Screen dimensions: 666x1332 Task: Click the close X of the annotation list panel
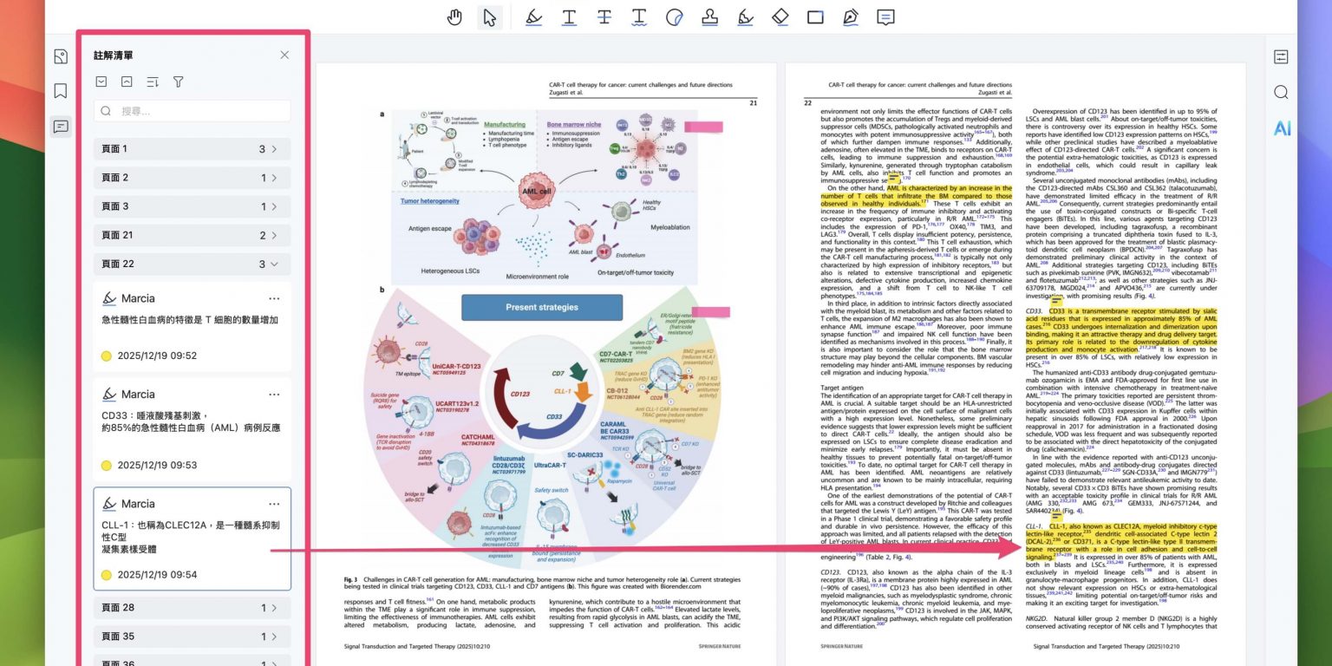pyautogui.click(x=284, y=55)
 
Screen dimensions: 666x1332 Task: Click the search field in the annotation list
pyautogui.click(x=193, y=111)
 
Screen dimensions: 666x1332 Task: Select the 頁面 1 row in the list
pyautogui.click(x=192, y=149)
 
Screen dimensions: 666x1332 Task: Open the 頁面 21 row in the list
pyautogui.click(x=192, y=235)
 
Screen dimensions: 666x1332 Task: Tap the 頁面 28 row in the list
pyautogui.click(x=192, y=608)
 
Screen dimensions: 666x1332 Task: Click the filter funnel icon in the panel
pyautogui.click(x=178, y=82)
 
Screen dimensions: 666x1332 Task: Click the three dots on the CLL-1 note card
pyautogui.click(x=274, y=504)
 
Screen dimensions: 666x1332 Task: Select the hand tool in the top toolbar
pyautogui.click(x=454, y=17)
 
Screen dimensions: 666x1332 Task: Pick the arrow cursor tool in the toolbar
pyautogui.click(x=490, y=17)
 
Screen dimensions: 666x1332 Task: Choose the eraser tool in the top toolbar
pyautogui.click(x=780, y=17)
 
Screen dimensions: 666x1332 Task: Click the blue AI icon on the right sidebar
pyautogui.click(x=1282, y=128)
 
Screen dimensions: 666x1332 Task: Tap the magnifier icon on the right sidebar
pyautogui.click(x=1281, y=93)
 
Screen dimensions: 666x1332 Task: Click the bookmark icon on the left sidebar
pyautogui.click(x=60, y=91)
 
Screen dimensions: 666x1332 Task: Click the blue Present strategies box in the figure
pyautogui.click(x=541, y=307)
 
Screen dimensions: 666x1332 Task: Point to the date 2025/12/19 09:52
pyautogui.click(x=157, y=356)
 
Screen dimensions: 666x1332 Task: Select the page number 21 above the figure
pyautogui.click(x=754, y=102)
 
